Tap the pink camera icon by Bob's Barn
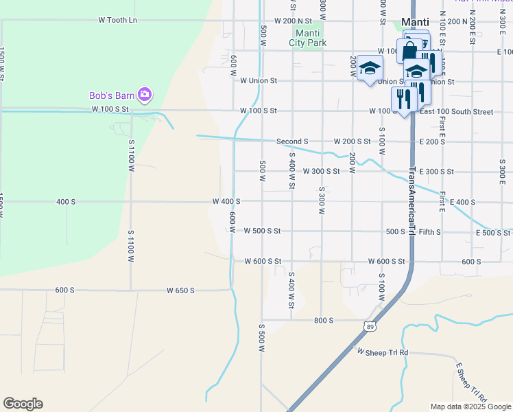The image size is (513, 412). pyautogui.click(x=144, y=94)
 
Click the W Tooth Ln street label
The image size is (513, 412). pyautogui.click(x=117, y=20)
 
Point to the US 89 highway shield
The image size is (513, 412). pyautogui.click(x=370, y=326)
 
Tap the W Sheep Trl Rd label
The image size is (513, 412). pyautogui.click(x=382, y=352)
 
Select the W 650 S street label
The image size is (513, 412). pyautogui.click(x=180, y=290)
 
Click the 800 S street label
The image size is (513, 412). pyautogui.click(x=324, y=321)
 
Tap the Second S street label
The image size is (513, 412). pyautogui.click(x=292, y=141)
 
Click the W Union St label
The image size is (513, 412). pyautogui.click(x=258, y=80)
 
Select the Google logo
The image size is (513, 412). pyautogui.click(x=23, y=404)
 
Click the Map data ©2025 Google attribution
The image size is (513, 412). pyautogui.click(x=470, y=407)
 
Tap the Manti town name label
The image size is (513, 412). pyautogui.click(x=414, y=21)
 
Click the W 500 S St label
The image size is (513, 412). pyautogui.click(x=262, y=231)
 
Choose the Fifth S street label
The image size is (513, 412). pyautogui.click(x=429, y=232)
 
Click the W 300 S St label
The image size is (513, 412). pyautogui.click(x=321, y=171)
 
